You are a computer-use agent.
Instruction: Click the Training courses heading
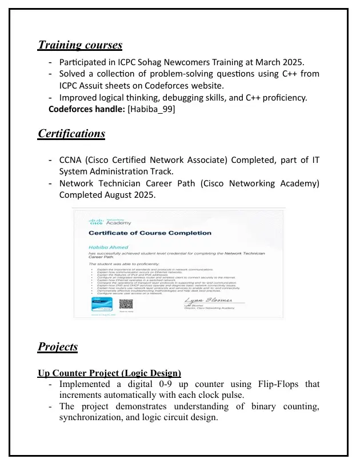tap(80, 45)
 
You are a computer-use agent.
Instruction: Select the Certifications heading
tap(71, 134)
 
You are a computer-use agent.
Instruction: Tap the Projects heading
tap(58, 347)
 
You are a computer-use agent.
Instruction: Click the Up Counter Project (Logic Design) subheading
tap(109, 373)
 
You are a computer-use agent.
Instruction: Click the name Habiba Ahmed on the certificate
tap(105, 247)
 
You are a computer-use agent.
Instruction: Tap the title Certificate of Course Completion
tap(150, 233)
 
